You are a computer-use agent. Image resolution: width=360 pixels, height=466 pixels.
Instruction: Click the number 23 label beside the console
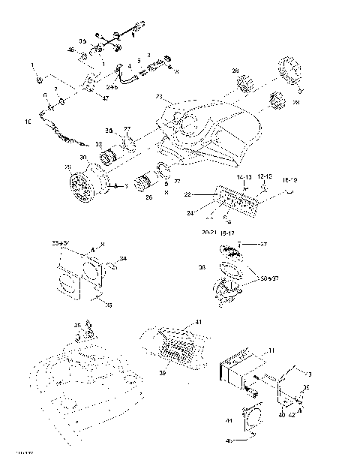point(159,97)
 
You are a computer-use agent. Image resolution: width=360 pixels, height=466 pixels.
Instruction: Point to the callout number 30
point(84,158)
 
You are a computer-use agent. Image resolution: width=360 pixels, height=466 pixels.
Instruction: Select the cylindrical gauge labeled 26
point(148,183)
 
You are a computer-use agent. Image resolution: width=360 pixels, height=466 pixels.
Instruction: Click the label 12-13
point(265,177)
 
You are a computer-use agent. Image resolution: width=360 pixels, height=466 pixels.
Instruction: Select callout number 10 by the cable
point(28,121)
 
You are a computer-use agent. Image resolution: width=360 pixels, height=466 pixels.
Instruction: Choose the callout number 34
point(123,259)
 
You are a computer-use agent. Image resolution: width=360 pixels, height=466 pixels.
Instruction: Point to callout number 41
point(198,322)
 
